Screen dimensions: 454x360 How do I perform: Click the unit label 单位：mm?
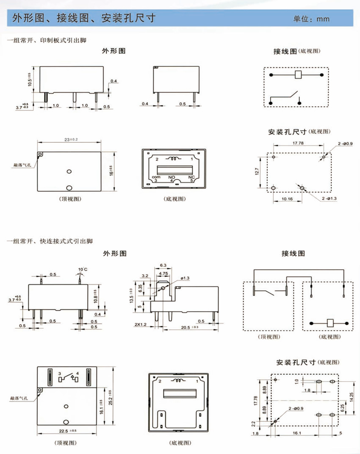(312, 19)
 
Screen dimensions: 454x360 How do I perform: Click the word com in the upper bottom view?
(155, 177)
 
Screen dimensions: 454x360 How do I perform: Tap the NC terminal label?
(191, 177)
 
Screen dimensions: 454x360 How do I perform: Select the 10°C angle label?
(83, 269)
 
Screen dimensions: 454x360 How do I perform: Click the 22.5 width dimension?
(68, 431)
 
